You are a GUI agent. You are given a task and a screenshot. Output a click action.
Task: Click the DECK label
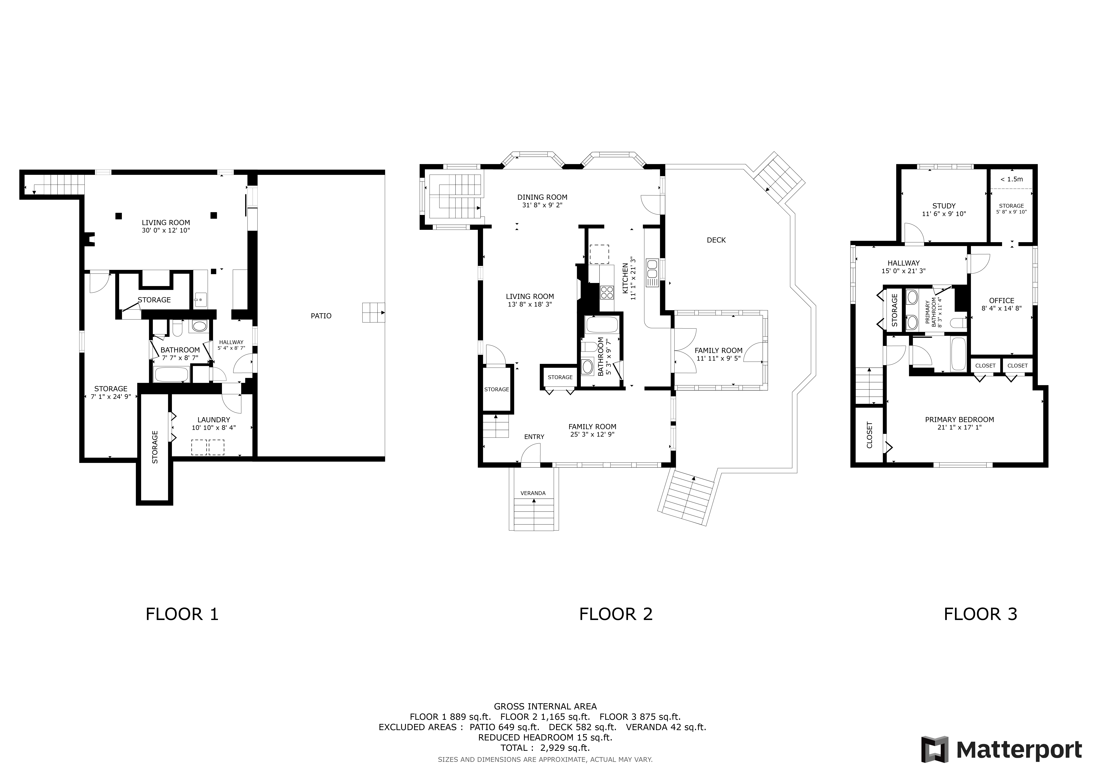point(716,240)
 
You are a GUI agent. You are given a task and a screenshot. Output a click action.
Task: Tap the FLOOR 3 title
point(981,614)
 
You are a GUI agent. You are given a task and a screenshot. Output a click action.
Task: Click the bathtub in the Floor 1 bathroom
point(172,374)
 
